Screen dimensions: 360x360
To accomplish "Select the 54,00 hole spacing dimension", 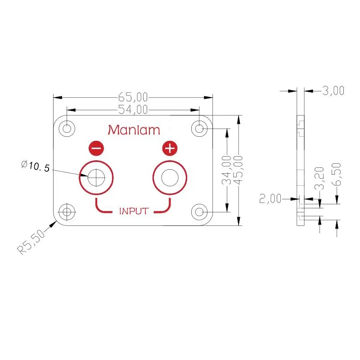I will (x=132, y=109).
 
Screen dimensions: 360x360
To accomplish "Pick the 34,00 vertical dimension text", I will (x=227, y=170).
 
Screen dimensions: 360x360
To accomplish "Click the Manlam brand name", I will (x=134, y=130).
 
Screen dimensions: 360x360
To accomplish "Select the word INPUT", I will (x=134, y=211).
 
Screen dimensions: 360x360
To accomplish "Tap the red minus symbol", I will (x=96, y=148).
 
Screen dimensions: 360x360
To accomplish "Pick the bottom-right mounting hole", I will (x=199, y=211).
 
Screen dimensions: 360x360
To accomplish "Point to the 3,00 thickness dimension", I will (x=333, y=91).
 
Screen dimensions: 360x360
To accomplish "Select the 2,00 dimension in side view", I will (x=270, y=198).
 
